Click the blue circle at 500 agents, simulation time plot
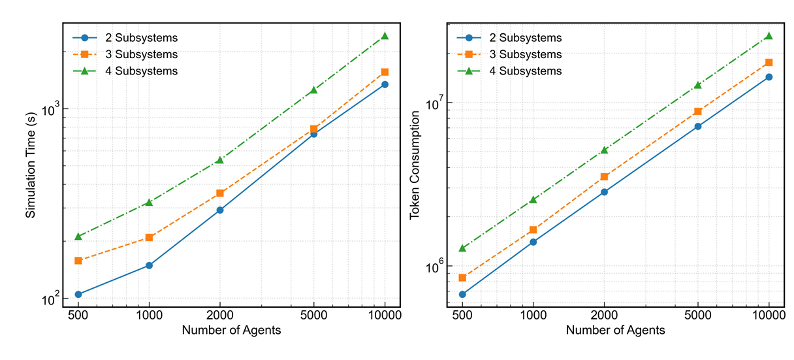[x=78, y=295]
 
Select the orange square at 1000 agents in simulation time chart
[x=149, y=237]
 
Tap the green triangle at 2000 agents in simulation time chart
[x=220, y=159]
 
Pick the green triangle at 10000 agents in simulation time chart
[x=385, y=35]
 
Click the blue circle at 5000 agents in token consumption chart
[x=698, y=126]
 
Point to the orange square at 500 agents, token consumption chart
[x=462, y=278]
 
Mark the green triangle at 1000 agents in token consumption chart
[x=533, y=199]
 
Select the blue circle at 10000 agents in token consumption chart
[x=769, y=77]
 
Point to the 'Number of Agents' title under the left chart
[x=232, y=330]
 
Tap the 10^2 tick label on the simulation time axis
[x=51, y=299]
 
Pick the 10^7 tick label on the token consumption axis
[x=435, y=103]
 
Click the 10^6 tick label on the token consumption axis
[x=435, y=266]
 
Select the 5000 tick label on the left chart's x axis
[x=314, y=314]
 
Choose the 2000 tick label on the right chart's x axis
[x=604, y=314]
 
